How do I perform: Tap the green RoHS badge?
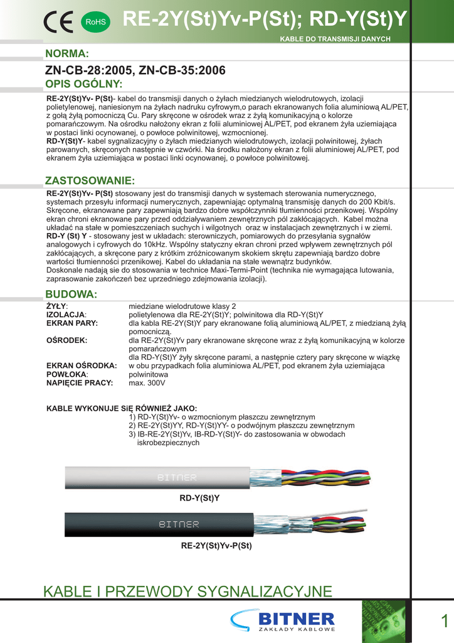[95, 22]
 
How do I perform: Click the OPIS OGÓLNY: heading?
[83, 84]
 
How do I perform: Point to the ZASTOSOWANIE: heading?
[90, 181]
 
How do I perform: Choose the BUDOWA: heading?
[71, 294]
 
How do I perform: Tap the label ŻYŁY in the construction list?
[57, 306]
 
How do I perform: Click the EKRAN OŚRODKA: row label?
[82, 365]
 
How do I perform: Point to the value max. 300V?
[147, 382]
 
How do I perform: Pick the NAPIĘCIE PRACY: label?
[80, 382]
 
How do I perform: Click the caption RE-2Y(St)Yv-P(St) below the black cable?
[216, 546]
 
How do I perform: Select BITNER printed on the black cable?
[179, 524]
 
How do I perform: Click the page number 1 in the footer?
[444, 621]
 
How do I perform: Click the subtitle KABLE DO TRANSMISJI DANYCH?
[335, 39]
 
